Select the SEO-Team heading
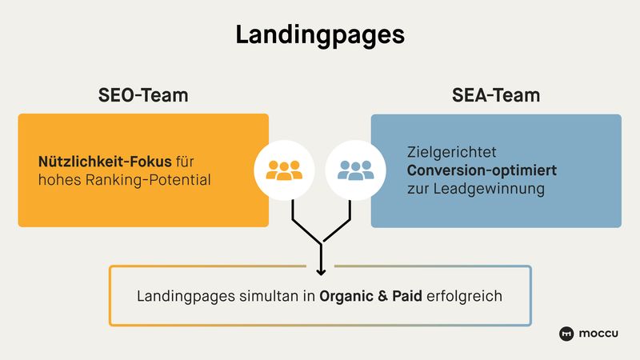coord(143,95)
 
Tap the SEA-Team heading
coord(495,95)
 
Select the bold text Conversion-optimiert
coord(482,170)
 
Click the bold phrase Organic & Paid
coord(370,296)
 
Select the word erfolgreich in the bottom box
coord(464,296)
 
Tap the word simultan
coord(272,296)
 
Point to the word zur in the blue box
coord(418,190)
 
